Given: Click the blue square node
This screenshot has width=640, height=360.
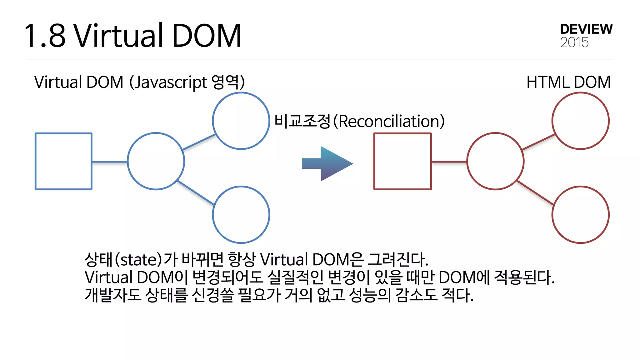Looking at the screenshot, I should [x=63, y=161].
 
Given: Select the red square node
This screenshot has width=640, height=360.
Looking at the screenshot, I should [x=402, y=161].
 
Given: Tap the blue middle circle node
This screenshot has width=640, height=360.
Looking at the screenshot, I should [x=156, y=161].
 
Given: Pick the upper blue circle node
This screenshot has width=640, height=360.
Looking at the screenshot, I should [x=241, y=121].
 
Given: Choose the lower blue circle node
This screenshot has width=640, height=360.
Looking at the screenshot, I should [x=241, y=215].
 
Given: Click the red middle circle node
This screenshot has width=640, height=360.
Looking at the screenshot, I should [x=495, y=161].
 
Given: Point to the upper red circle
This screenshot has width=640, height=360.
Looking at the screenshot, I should [x=580, y=121].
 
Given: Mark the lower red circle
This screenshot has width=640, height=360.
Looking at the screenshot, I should [x=580, y=215].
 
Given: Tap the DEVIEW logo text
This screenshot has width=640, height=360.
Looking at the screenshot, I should [x=586, y=29].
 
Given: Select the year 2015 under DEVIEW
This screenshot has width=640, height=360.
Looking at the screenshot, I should [x=574, y=42].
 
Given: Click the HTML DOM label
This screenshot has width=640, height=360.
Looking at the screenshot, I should [x=568, y=82].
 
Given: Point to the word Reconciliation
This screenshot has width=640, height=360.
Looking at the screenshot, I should [x=391, y=121].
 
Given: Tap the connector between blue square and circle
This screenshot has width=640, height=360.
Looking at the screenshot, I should [x=110, y=162].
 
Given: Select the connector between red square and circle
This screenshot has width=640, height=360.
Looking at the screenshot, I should [x=449, y=162].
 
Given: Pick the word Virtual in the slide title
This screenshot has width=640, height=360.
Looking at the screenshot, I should [x=119, y=36].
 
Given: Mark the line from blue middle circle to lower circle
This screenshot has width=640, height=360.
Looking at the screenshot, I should [x=196, y=193].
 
